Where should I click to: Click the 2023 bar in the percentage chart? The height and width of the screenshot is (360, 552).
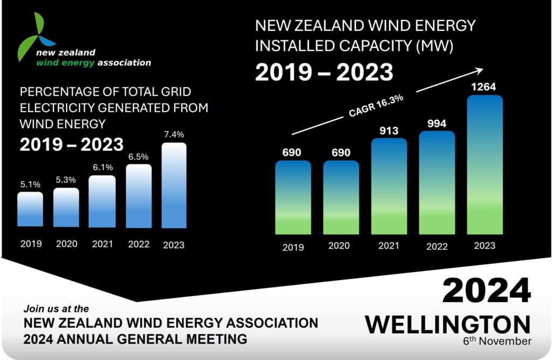click(x=174, y=185)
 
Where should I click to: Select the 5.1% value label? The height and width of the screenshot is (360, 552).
click(x=30, y=183)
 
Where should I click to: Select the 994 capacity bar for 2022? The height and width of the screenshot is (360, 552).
click(x=437, y=183)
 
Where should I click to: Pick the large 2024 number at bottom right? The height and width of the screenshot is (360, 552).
click(x=486, y=292)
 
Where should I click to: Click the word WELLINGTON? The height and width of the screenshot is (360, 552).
click(x=448, y=324)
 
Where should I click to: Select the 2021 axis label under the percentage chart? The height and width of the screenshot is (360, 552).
click(x=102, y=244)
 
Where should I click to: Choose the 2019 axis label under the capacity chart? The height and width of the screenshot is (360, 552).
click(x=293, y=247)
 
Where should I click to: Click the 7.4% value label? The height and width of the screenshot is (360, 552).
click(x=174, y=134)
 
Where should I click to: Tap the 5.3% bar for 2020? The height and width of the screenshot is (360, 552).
click(x=66, y=207)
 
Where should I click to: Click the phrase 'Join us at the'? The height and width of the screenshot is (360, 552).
click(x=56, y=309)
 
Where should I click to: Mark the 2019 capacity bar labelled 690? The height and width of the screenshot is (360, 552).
click(x=293, y=197)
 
